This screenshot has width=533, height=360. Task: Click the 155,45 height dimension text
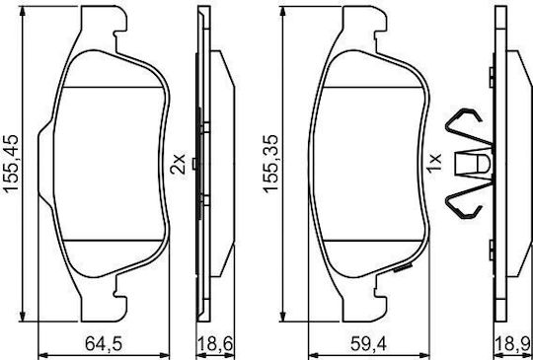pyautogui.click(x=11, y=164)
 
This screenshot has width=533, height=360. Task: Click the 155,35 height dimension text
pyautogui.click(x=271, y=164)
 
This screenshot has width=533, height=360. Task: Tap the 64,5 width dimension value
pyautogui.click(x=104, y=345)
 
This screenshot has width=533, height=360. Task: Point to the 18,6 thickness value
pyautogui.click(x=215, y=345)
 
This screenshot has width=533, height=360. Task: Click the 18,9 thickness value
pyautogui.click(x=513, y=345)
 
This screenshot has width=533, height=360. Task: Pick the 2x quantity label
pyautogui.click(x=178, y=164)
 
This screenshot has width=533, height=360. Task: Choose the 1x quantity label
pyautogui.click(x=435, y=163)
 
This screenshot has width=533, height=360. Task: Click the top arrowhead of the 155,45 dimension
pyautogui.click(x=23, y=11)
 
